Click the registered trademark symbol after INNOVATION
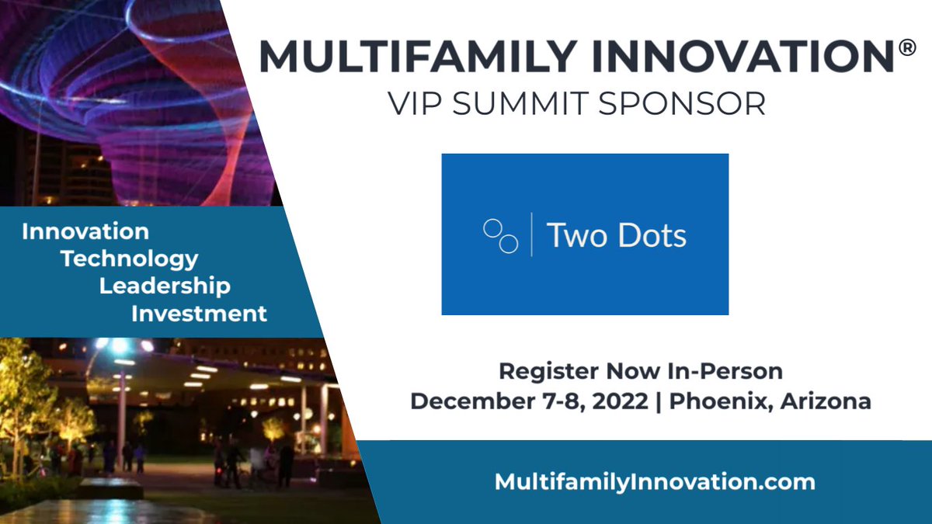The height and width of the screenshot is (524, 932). coord(906,47)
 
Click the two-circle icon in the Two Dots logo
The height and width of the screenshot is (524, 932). coord(501,236)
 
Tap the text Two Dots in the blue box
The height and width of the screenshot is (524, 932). coord(617,235)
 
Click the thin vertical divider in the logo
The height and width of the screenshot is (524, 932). coord(531,234)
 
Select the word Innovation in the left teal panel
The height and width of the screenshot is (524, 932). coord(85,231)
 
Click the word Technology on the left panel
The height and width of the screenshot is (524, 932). coord(130,259)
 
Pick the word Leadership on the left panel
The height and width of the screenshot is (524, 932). coord(165,286)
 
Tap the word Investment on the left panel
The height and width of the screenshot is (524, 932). coord(199,314)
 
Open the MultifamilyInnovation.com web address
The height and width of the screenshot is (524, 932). coord(655,481)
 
